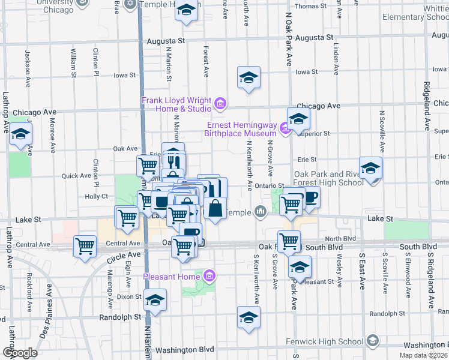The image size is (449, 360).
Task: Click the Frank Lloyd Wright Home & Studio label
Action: [176, 104]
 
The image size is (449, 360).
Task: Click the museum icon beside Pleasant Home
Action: [209, 276]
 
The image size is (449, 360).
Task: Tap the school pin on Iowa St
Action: [248, 77]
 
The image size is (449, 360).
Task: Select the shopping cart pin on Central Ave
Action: [85, 245]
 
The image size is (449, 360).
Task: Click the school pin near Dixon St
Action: [155, 299]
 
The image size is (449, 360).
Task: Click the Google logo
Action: [20, 352]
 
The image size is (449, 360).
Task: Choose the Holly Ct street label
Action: [96, 196]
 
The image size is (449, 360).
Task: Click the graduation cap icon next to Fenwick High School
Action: [372, 341]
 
